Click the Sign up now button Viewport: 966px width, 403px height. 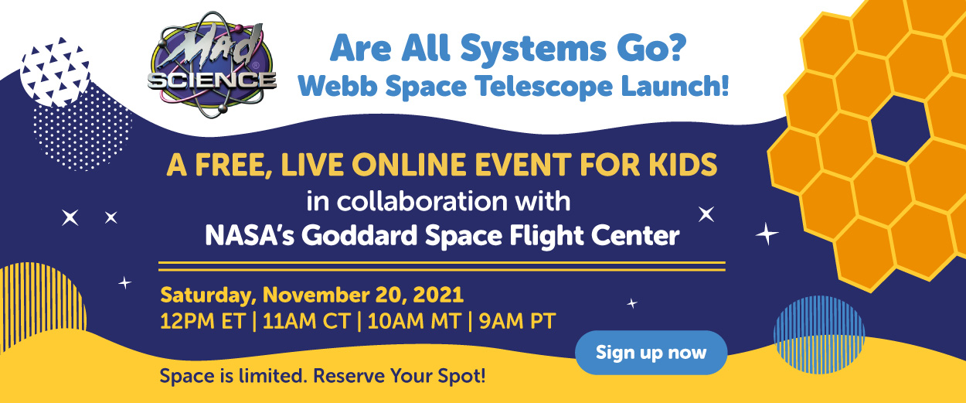[x=651, y=353]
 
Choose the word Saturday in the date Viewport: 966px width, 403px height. [x=207, y=295]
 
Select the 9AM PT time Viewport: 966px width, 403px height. [x=515, y=320]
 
